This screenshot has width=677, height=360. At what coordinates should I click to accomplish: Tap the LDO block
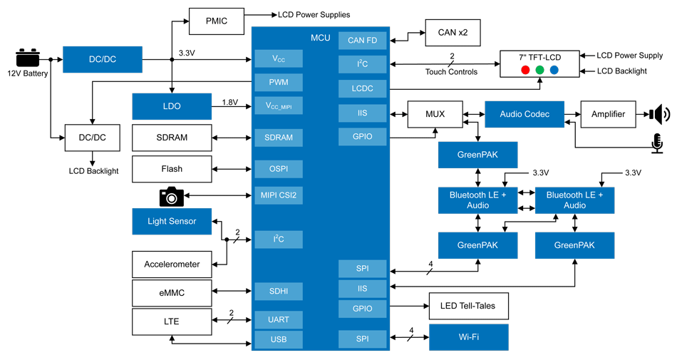pos(172,106)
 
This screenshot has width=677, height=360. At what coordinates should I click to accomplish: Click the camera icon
pos(171,196)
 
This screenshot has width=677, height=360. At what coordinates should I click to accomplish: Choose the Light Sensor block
pos(172,221)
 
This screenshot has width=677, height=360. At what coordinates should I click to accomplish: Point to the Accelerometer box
pos(172,264)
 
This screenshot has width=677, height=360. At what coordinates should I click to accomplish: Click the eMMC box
pos(172,292)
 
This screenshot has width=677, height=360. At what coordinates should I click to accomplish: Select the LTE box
pos(172,322)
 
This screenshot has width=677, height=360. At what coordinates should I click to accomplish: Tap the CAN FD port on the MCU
pos(362,41)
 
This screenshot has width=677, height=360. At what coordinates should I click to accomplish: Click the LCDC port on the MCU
pos(362,88)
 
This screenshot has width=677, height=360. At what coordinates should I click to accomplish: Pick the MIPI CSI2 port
pos(279,195)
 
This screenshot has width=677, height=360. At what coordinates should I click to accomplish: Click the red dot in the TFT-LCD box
pos(524,70)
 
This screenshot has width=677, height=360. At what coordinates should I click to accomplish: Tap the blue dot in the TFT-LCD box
pos(554,70)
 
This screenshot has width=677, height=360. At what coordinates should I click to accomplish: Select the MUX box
pos(434,115)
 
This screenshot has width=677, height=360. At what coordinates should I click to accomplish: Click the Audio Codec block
pos(524,114)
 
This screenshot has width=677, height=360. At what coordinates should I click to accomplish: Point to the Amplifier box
pos(608,114)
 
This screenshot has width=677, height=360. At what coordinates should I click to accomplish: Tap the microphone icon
pos(657,143)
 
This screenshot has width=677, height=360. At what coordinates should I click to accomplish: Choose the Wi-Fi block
pos(468,336)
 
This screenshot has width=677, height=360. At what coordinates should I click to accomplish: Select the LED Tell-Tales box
pos(468,307)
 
